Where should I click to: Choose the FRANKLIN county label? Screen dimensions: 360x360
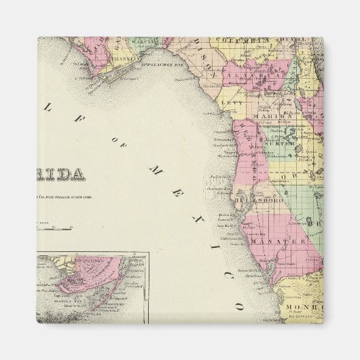tap(127, 59)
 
